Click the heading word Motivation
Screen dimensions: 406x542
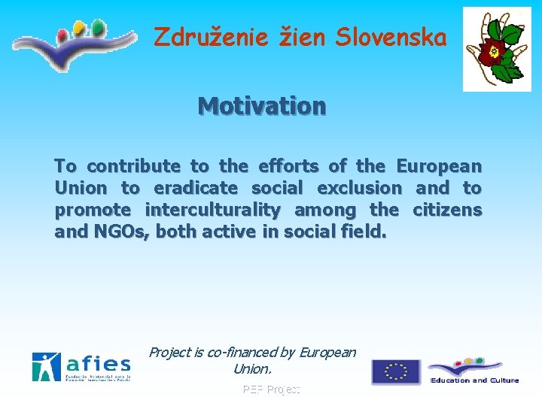[262, 107]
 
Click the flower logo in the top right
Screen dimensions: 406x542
[496, 50]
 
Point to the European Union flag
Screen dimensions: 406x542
[396, 371]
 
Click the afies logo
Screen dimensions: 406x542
[81, 367]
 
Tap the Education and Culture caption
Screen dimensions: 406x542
[475, 380]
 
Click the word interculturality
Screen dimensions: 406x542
[212, 210]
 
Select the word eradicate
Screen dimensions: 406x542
[196, 188]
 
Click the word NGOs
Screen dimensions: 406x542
[123, 232]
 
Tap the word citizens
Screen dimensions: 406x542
[448, 210]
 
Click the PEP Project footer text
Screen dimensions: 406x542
[271, 389]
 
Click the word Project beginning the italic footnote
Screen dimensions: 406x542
[170, 352]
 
